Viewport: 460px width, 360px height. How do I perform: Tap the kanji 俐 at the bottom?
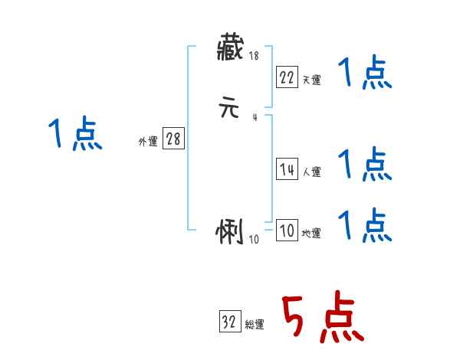pos(231,232)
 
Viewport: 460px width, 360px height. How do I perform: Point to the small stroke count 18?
pos(254,56)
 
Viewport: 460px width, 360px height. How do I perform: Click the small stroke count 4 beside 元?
pos(255,117)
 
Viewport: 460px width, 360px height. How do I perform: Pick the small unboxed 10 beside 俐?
pos(255,239)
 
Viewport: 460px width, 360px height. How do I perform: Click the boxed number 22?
pos(287,77)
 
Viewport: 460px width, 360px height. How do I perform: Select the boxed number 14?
pos(287,170)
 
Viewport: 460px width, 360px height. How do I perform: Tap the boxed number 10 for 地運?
pos(287,231)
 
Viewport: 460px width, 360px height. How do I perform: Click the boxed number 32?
pos(229,322)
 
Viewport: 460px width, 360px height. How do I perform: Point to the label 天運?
pos(311,80)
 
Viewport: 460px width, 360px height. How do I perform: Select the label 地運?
pos(311,234)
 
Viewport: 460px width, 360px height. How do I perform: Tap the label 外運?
pos(148,142)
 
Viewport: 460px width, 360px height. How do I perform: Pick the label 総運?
pos(255,325)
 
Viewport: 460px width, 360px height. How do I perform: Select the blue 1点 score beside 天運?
pos(365,74)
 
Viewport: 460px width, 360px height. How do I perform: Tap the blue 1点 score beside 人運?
pos(365,165)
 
